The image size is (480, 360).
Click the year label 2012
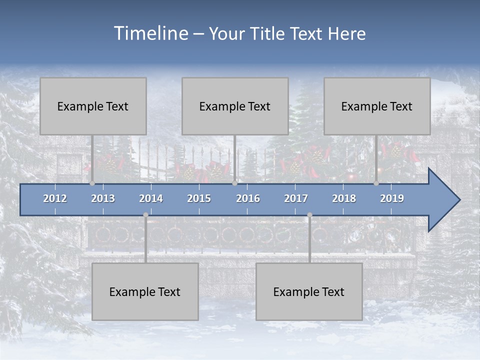(x=55, y=198)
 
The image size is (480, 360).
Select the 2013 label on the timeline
(x=103, y=198)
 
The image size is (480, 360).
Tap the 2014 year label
(x=151, y=198)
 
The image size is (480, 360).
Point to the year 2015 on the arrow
(x=199, y=198)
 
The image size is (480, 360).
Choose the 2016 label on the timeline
(x=248, y=198)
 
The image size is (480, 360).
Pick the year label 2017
(x=296, y=198)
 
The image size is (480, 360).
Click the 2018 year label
(x=344, y=198)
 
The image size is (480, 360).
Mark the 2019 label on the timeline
(x=392, y=198)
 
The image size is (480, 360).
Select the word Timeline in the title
(x=150, y=33)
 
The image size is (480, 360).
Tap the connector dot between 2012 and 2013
(x=92, y=183)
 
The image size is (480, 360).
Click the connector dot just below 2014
(x=145, y=215)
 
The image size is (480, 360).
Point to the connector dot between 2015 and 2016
(x=234, y=183)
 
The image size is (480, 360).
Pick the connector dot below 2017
(x=309, y=215)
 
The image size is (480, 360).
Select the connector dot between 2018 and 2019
(x=376, y=183)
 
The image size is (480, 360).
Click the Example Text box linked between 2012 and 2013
(x=93, y=106)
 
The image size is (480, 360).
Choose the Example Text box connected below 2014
(x=145, y=291)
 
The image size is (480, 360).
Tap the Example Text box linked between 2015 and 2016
(x=235, y=106)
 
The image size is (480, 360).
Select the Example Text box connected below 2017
(x=309, y=291)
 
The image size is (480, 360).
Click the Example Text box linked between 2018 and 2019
(x=377, y=106)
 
